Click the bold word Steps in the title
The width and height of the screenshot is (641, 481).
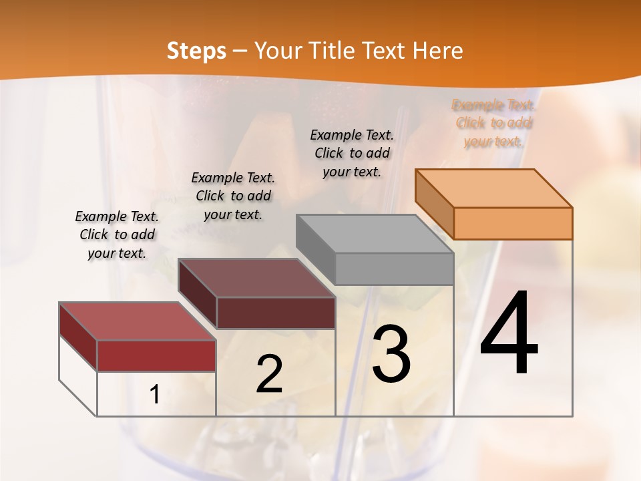[196, 51]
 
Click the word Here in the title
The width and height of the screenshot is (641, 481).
[437, 51]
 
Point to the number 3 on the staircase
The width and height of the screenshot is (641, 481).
[391, 354]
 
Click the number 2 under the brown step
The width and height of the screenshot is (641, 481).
[269, 374]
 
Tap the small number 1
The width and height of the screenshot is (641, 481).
[155, 395]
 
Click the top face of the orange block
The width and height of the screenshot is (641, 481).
[494, 188]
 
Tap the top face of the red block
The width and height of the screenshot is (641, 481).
[137, 321]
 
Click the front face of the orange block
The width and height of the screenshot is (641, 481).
[513, 223]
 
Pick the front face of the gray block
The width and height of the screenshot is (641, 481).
[394, 269]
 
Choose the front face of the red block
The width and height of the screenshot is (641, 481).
[156, 355]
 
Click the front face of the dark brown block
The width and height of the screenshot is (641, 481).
[276, 313]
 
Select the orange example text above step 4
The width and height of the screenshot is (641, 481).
[493, 123]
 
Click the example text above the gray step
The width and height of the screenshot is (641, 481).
[352, 153]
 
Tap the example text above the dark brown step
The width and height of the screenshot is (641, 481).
[233, 196]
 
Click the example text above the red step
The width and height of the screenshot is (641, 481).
[117, 234]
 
